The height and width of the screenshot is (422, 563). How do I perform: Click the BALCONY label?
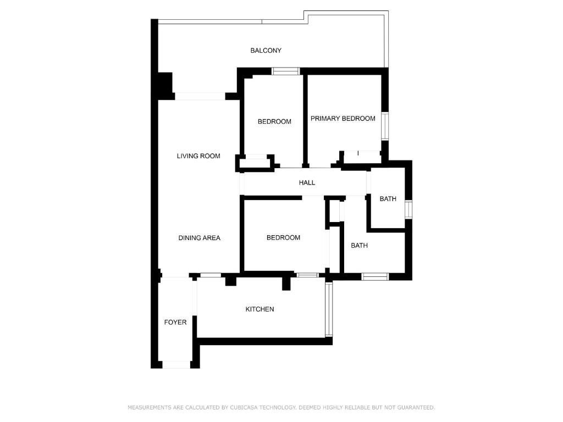[x=266, y=51]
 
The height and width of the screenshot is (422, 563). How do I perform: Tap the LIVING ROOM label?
[x=198, y=156]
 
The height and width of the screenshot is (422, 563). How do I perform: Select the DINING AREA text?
[x=199, y=238]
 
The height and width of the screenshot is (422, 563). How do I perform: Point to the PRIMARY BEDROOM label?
[x=343, y=119]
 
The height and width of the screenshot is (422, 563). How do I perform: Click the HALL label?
[x=307, y=182]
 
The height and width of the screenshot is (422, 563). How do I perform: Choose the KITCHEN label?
[x=260, y=309]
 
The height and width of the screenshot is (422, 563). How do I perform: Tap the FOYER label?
[x=175, y=322]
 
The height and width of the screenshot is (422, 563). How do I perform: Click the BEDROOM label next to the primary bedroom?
[x=274, y=121]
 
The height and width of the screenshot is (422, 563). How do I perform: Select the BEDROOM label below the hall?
[x=283, y=237]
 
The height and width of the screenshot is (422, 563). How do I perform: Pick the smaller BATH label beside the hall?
[x=388, y=199]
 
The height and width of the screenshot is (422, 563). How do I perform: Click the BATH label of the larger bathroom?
[x=359, y=246]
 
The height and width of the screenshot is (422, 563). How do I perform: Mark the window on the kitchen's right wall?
[x=329, y=309]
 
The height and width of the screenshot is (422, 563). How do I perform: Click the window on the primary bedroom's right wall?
[x=385, y=126]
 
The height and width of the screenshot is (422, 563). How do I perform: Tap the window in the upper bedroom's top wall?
[x=285, y=71]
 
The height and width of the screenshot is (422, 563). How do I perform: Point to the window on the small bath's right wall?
[x=409, y=209]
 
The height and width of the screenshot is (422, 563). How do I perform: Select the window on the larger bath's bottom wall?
[x=375, y=276]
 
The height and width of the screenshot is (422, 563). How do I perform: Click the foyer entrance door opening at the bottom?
[x=176, y=365]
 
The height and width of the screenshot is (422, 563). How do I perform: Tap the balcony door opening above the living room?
[x=200, y=96]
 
